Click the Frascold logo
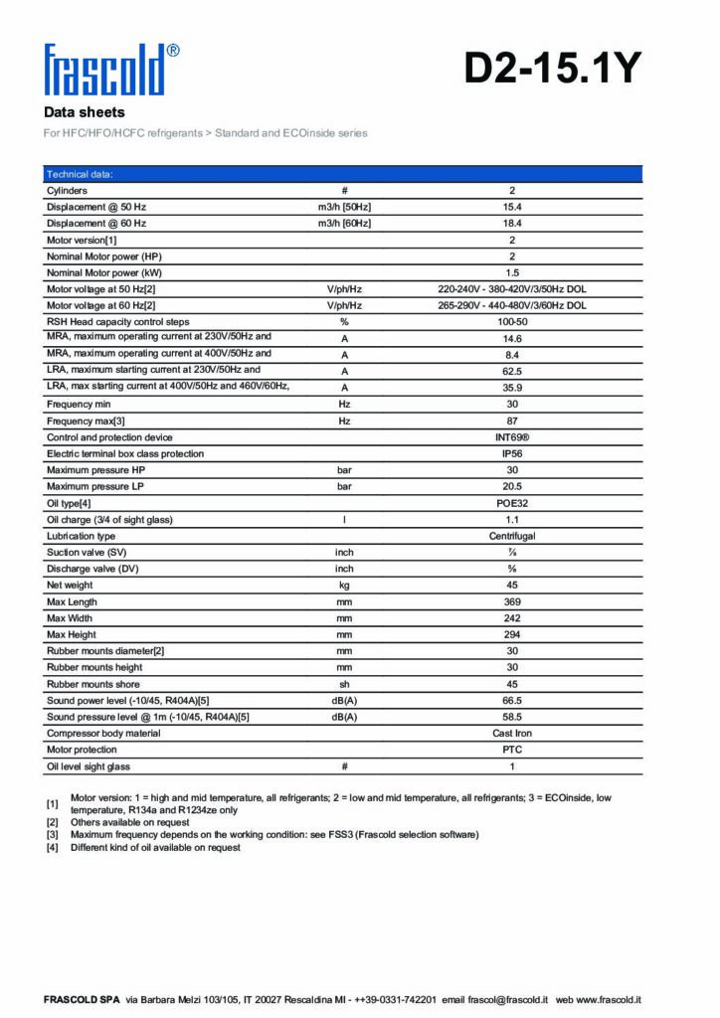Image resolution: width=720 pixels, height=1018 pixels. coord(110,69)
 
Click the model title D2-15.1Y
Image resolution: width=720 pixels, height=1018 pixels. coord(553,69)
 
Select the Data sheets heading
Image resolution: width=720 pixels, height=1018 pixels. coord(85,112)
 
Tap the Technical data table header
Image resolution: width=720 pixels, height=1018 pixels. coord(81,174)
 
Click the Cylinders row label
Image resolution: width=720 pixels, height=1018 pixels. coord(67,190)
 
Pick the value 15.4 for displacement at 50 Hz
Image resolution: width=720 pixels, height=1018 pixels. coord(512,207)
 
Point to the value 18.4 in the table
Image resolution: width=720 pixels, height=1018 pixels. coord(512,223)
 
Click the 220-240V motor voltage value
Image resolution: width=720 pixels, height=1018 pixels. coord(512,289)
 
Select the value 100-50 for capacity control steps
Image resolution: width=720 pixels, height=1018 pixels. coord(512,322)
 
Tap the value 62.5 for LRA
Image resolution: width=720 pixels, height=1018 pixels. coord(512,371)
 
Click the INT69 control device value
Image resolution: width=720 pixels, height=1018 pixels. coord(512,437)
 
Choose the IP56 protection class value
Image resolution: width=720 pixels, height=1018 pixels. coord(512,453)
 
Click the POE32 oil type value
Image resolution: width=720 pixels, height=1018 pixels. coord(512,503)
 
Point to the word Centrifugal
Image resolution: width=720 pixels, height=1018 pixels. coord(512,536)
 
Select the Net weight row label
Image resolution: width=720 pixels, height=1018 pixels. coord(70,586)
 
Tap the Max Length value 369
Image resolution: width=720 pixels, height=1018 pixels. coord(512,601)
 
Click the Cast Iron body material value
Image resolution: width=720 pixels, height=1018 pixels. coord(512,734)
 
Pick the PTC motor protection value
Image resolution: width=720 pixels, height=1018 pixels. coord(512,750)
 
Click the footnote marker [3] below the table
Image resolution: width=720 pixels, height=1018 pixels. coord(53,835)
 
